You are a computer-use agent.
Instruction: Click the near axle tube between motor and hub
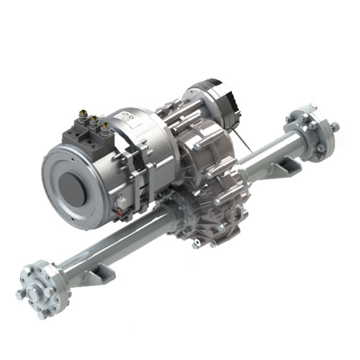pyautogui.click(x=108, y=245)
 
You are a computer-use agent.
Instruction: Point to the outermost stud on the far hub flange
pyautogui.click(x=336, y=127)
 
